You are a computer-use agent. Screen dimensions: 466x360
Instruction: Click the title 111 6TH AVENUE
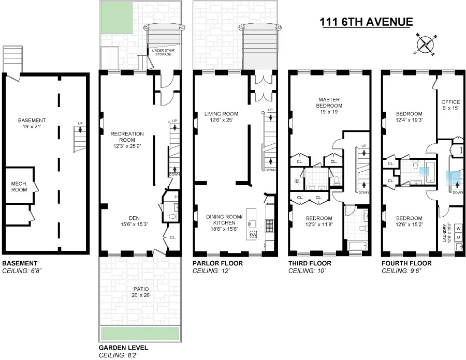[x=366, y=22]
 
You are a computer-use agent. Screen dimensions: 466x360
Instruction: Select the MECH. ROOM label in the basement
[x=19, y=187]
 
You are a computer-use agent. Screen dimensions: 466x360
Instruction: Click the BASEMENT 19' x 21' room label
[x=32, y=124]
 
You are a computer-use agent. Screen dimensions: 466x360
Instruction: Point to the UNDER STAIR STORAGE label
[x=163, y=52]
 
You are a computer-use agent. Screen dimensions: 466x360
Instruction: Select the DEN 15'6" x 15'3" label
[x=134, y=221]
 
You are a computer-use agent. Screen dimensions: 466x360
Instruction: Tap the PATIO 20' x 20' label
[x=141, y=292]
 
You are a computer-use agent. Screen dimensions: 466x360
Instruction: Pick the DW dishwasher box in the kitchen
[x=253, y=235]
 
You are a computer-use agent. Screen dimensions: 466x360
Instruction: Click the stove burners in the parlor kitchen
[x=270, y=226]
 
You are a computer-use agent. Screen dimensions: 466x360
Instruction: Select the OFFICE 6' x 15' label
[x=450, y=105]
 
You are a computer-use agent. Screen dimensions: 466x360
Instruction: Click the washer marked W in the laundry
[x=459, y=229]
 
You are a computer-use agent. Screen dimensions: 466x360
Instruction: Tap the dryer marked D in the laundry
[x=459, y=237]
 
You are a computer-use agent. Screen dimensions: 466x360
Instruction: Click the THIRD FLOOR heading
[x=310, y=263]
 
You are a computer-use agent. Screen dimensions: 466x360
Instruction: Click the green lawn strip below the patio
[x=140, y=333]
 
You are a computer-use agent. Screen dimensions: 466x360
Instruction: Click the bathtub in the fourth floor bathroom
[x=430, y=172]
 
